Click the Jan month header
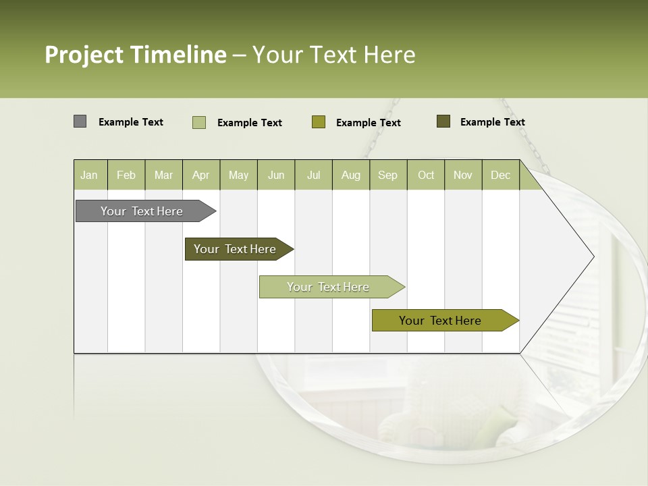(89, 175)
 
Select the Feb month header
(126, 175)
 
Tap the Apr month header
(200, 175)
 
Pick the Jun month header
(276, 175)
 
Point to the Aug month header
(350, 175)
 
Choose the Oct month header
(426, 175)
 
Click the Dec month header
(500, 175)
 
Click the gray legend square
(80, 122)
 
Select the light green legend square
(199, 122)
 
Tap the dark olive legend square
(443, 122)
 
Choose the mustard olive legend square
(319, 122)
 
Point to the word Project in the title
(84, 55)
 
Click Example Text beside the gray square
(131, 122)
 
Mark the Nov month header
(463, 175)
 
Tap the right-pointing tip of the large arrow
(592, 256)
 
